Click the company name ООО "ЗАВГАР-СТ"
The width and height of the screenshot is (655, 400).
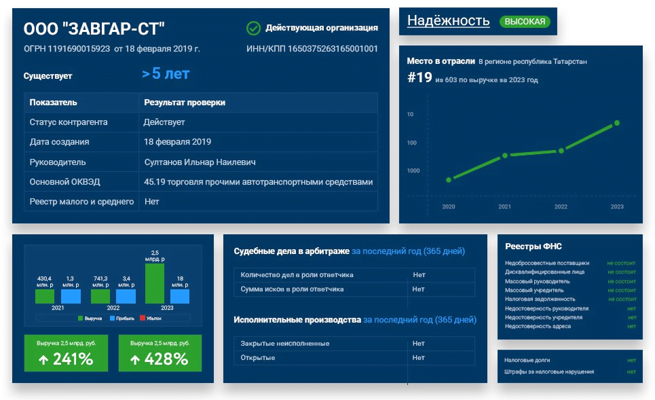94,29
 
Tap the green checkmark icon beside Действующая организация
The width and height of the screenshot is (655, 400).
253,28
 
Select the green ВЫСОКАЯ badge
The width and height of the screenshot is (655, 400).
525,22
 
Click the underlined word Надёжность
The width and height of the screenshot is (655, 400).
448,21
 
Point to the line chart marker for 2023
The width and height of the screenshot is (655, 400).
617,123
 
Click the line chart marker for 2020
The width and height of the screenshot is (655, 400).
449,180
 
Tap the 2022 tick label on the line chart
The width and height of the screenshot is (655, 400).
561,206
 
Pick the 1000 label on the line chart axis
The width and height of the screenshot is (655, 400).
413,170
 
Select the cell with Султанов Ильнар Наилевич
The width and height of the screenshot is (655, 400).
200,162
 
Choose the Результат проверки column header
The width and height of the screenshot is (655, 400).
184,103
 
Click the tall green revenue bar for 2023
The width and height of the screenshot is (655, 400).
155,283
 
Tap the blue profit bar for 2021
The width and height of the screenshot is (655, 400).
71,296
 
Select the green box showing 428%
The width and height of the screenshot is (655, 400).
160,353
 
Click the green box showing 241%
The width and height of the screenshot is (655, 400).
66,353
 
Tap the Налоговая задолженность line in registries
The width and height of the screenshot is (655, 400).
540,299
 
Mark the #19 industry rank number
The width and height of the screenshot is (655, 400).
419,77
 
